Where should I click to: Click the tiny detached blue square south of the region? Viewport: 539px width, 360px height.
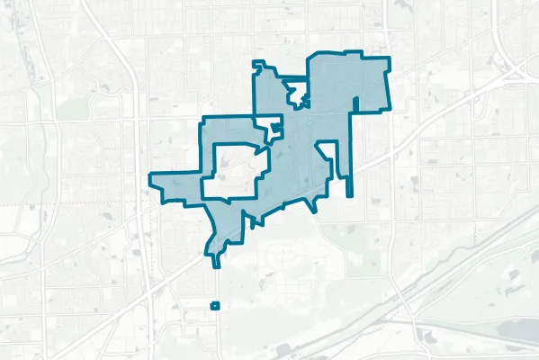[x=214, y=306]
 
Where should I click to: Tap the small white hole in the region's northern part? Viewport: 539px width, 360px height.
[x=295, y=92]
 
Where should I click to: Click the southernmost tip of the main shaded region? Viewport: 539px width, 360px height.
[x=216, y=265]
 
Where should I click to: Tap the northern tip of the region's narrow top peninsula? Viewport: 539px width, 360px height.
[x=258, y=63]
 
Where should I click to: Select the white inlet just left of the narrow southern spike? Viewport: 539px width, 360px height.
[x=336, y=175]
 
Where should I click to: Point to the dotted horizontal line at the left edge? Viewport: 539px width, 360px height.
[x=18, y=205]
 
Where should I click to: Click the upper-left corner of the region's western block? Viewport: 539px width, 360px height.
[x=202, y=119]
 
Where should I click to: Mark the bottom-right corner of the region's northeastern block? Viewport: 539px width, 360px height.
[x=389, y=111]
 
